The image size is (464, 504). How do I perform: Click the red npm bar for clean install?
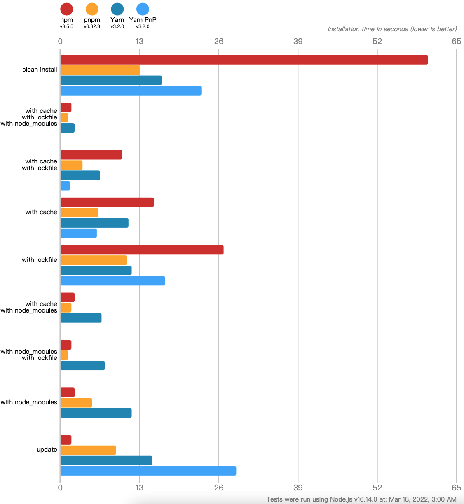coord(244,60)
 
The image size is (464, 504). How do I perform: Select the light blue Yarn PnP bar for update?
coord(148,471)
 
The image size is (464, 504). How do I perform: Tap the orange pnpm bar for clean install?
coord(100,70)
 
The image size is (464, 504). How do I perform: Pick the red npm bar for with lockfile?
coord(142,250)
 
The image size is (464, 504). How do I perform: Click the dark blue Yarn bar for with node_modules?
coord(96,413)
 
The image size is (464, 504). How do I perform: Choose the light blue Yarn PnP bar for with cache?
coord(79,233)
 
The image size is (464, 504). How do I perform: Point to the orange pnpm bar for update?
coord(88,450)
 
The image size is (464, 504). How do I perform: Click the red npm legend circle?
coord(66,9)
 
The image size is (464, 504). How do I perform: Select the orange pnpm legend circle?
coord(92,9)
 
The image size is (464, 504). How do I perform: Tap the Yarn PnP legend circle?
coord(143,9)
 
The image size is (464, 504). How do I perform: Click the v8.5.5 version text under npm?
coord(66,26)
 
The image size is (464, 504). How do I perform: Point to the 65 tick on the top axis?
coord(456,41)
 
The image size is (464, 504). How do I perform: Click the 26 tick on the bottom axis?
coord(219,488)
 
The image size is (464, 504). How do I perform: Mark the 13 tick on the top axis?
coord(140,41)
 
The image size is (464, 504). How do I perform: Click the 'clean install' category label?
coord(40,70)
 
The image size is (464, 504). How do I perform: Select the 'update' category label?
coord(47,450)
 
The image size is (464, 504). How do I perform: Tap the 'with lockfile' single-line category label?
coord(40,260)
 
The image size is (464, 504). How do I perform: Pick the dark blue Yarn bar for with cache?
coord(94,223)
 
